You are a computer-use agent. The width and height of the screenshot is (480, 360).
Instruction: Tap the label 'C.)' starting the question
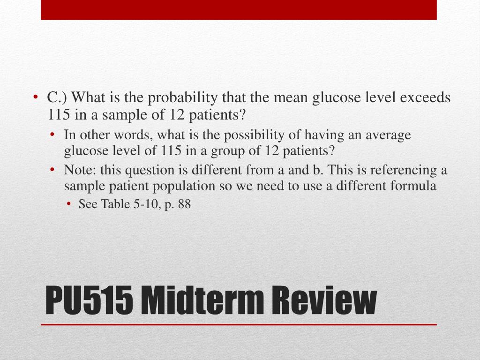tap(57, 97)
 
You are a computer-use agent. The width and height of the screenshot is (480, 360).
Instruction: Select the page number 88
tap(184, 204)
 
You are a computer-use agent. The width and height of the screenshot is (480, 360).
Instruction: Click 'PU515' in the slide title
tap(89, 300)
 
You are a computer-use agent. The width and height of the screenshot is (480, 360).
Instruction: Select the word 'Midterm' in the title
tap(202, 300)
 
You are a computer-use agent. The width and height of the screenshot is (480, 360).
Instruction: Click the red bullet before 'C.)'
tap(36, 97)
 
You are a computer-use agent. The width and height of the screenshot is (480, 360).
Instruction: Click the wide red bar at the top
tap(239, 10)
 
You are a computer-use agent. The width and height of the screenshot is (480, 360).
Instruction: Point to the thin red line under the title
tap(239, 324)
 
